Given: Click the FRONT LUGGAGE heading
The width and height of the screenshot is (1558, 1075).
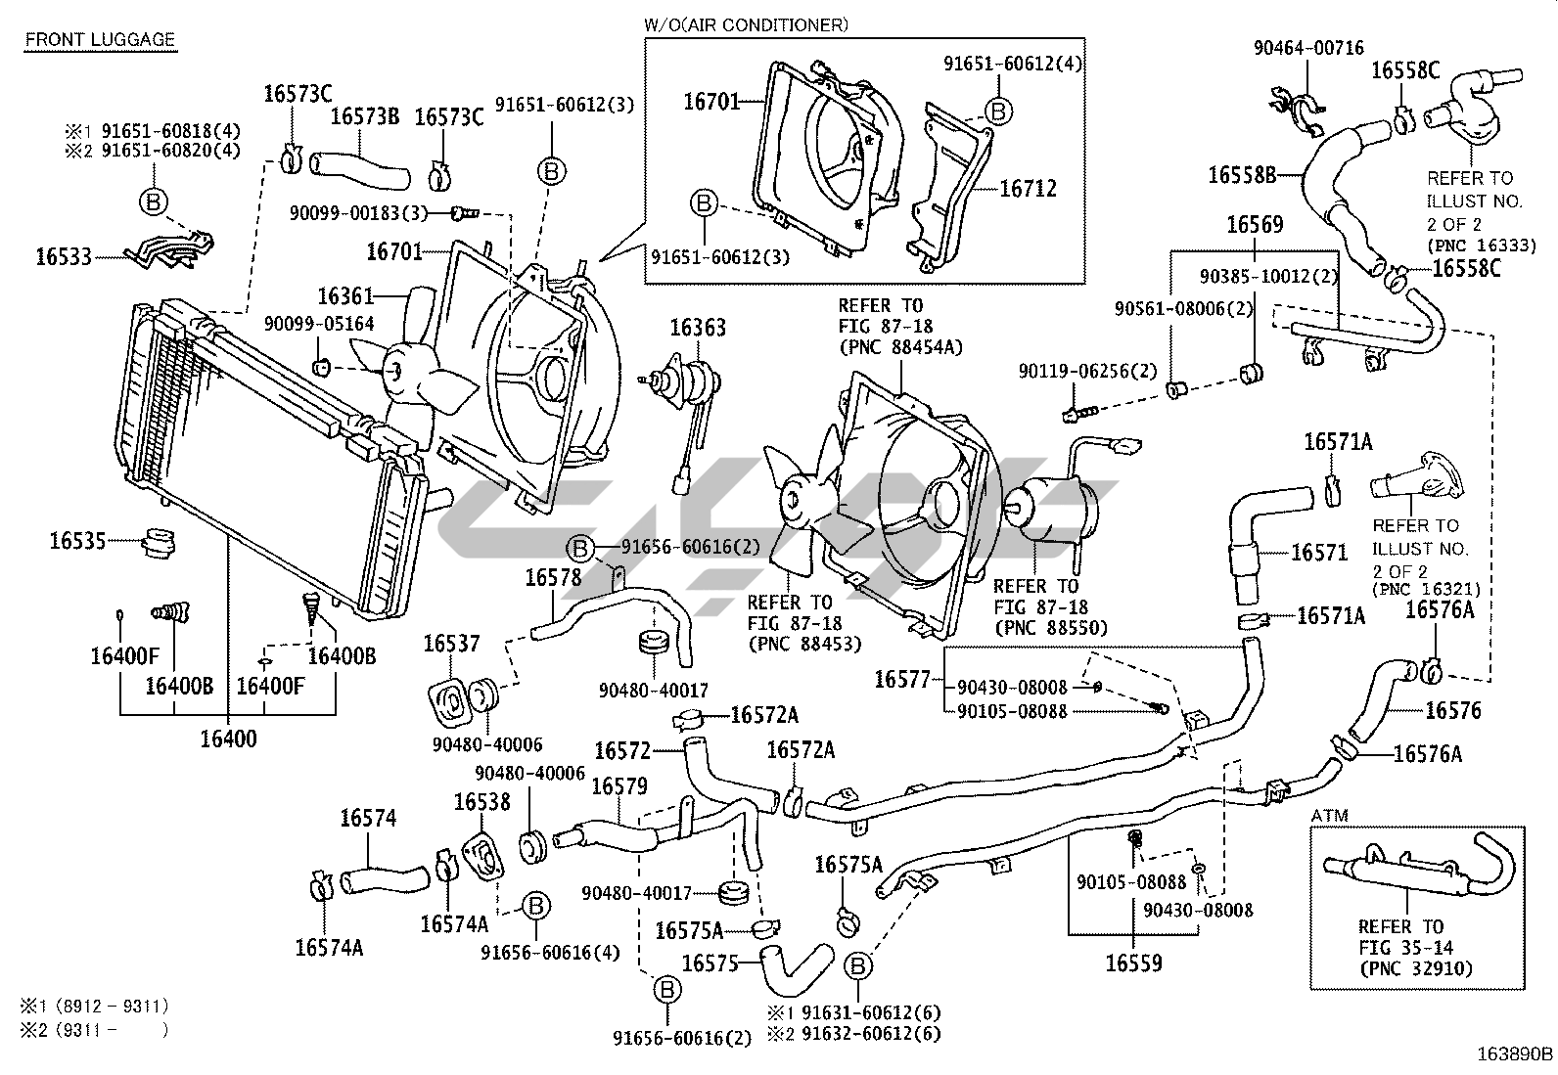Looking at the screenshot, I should click(100, 40).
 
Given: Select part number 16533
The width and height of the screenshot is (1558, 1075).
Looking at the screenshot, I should click(64, 257).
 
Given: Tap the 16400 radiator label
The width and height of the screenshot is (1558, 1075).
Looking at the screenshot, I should click(228, 739).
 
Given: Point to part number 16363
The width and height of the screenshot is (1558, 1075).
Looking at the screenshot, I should click(698, 327).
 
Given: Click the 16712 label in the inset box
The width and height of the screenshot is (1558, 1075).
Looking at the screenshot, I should click(1028, 189).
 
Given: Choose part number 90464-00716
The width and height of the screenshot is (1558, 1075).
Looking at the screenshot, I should click(1308, 48).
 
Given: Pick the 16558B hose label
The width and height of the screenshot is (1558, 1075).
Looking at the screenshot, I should click(1242, 175).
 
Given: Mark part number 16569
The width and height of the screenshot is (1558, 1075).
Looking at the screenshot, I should click(1255, 225).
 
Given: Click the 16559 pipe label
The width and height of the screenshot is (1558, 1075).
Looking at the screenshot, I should click(1133, 963).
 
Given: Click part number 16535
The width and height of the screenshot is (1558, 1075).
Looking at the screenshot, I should click(77, 539).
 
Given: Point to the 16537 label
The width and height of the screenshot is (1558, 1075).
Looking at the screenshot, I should click(451, 644).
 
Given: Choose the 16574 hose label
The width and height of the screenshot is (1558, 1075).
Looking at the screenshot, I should click(368, 818).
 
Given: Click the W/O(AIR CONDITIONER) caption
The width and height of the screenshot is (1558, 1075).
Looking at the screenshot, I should click(746, 23).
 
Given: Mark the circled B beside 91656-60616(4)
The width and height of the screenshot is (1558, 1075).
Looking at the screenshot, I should click(534, 907).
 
